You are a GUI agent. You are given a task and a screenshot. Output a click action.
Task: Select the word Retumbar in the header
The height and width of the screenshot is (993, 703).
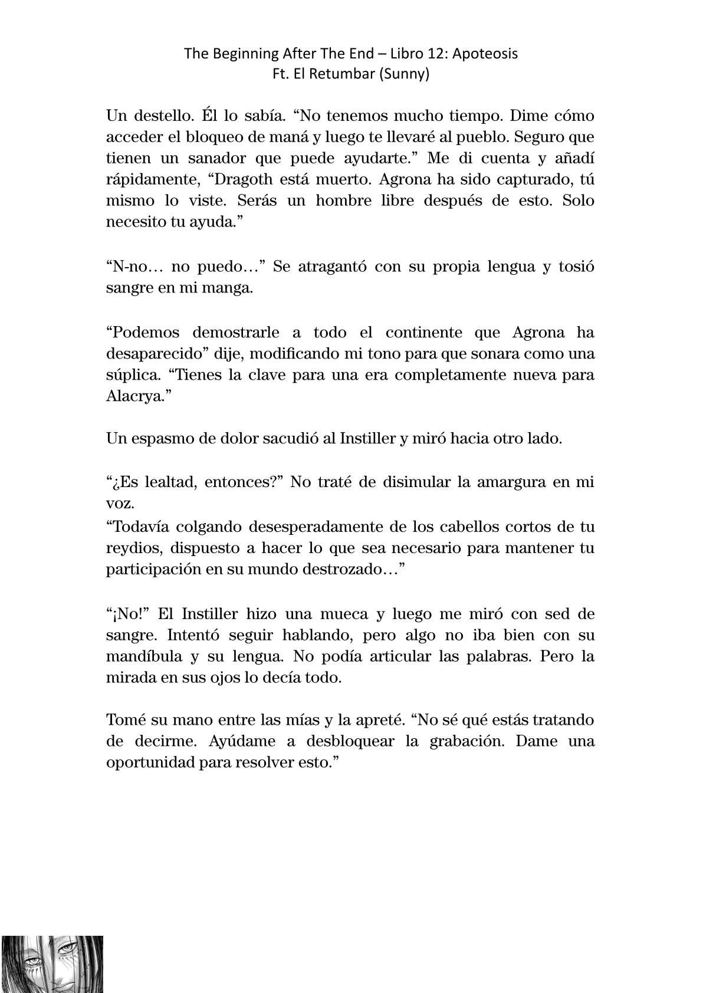click(x=339, y=74)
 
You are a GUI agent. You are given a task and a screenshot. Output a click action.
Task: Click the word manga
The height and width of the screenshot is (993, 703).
click(x=234, y=288)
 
